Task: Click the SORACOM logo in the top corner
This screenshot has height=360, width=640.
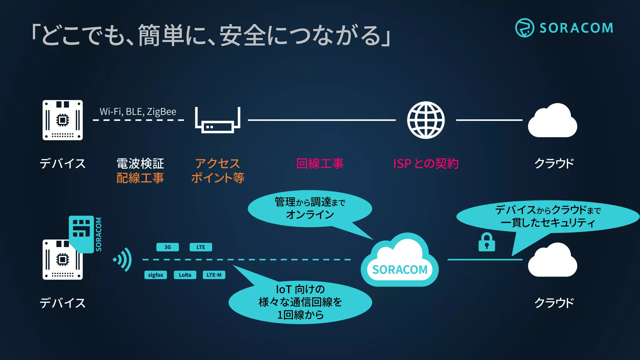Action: click(564, 28)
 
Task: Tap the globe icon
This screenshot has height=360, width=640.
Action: click(426, 120)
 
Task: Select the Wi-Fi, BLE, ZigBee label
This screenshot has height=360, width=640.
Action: click(138, 112)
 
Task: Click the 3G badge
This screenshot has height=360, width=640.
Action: click(167, 247)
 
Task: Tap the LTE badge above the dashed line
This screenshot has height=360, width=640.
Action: click(201, 247)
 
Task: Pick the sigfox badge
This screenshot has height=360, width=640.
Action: click(155, 275)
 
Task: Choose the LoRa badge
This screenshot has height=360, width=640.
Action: click(185, 275)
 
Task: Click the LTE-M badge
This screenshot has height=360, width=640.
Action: click(214, 275)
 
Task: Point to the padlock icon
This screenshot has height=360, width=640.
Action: click(487, 242)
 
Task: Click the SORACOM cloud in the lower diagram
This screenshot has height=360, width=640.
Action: click(400, 261)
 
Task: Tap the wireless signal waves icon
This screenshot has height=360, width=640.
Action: click(123, 259)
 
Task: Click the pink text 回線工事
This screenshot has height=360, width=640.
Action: click(320, 163)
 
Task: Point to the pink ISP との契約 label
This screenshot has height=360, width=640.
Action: click(426, 163)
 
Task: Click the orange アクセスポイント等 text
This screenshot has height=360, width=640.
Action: click(217, 171)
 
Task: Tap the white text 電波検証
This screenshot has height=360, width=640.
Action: click(140, 163)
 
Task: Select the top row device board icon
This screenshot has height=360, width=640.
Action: click(62, 120)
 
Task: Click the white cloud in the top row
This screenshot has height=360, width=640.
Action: click(552, 121)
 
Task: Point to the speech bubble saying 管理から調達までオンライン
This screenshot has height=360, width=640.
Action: click(309, 208)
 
